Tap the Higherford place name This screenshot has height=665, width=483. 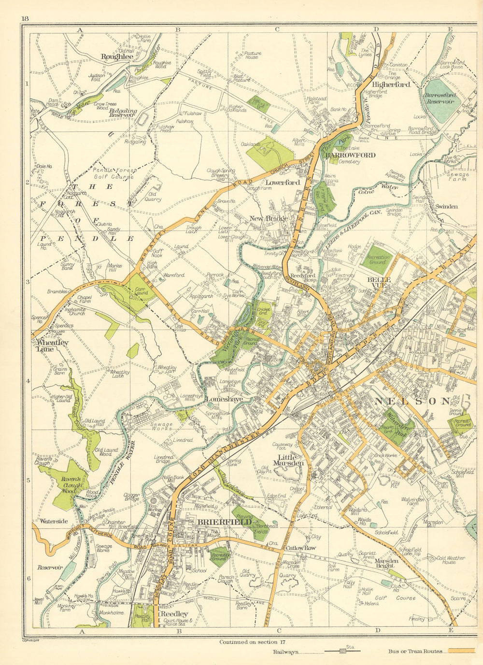click(x=391, y=84)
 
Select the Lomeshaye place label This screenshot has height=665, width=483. click(x=223, y=400)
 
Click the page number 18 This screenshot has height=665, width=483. click(x=26, y=18)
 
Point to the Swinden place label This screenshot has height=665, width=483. click(x=446, y=206)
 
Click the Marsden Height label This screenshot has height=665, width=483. click(x=386, y=563)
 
